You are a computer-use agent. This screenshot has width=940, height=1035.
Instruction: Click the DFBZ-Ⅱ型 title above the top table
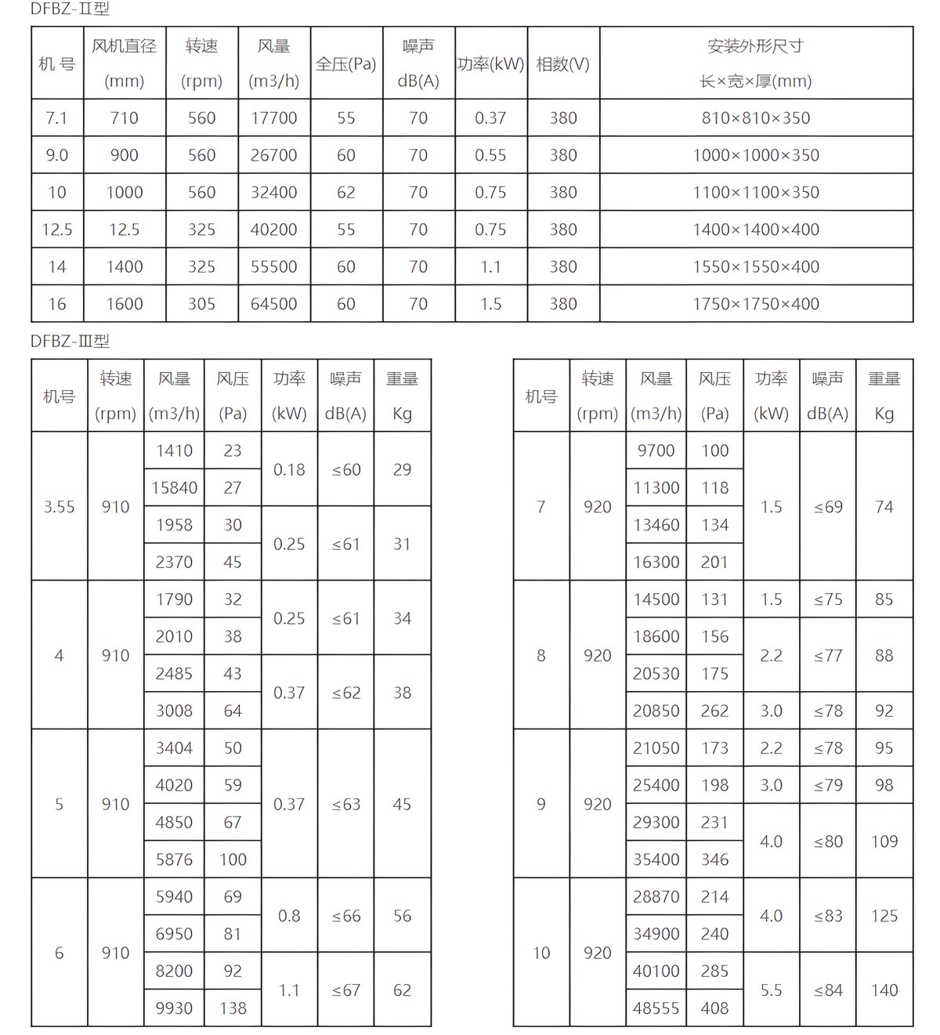(x=70, y=9)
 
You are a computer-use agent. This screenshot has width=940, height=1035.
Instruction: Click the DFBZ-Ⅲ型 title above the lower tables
(x=70, y=341)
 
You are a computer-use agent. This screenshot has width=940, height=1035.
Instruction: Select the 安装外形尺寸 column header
(x=755, y=46)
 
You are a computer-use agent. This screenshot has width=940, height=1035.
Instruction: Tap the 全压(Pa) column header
(x=345, y=64)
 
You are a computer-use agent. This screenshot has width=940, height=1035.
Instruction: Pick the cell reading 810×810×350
(x=755, y=118)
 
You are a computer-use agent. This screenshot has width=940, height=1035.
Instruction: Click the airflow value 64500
(x=273, y=304)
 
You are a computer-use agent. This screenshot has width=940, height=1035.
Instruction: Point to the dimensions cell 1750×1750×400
(x=755, y=304)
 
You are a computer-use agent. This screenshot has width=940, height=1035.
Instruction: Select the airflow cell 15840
(x=174, y=488)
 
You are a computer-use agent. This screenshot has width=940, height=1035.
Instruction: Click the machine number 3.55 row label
(x=59, y=507)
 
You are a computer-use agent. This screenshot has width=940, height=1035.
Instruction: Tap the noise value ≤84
(x=828, y=990)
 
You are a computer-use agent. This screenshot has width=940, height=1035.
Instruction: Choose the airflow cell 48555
(x=656, y=1008)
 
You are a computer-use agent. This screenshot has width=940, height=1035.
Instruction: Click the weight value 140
(x=884, y=990)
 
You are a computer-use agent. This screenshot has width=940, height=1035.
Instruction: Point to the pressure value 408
(x=714, y=1008)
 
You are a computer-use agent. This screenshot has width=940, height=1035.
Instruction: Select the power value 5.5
(x=771, y=990)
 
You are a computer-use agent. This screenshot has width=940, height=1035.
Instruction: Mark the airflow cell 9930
(x=174, y=1008)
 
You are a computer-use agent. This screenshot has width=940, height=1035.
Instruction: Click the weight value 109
(x=884, y=841)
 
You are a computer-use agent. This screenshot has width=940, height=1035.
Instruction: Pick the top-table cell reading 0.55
(x=490, y=155)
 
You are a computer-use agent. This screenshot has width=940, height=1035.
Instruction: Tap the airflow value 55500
(x=273, y=267)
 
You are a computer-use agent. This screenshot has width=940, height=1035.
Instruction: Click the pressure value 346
(x=714, y=859)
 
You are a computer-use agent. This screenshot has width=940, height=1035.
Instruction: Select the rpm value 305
(x=201, y=304)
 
